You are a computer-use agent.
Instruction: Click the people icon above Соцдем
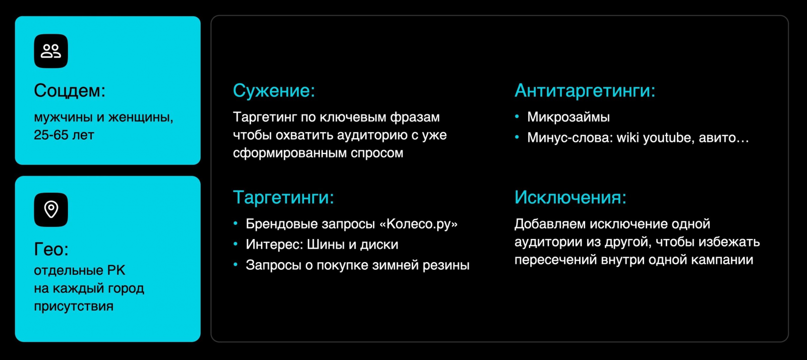tap(51, 51)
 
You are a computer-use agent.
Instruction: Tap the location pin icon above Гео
tap(51, 210)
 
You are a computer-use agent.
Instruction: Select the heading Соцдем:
tap(70, 90)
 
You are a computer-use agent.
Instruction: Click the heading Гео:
tap(51, 249)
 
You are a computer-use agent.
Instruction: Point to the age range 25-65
tap(51, 135)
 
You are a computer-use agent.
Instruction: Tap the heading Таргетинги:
tap(283, 197)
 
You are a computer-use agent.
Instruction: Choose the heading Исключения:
tap(570, 197)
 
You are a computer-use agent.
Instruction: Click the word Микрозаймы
tap(568, 117)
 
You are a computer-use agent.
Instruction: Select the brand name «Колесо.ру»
tap(419, 224)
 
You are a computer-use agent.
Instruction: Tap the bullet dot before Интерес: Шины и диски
tap(236, 244)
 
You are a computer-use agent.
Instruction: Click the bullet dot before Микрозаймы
tap(517, 116)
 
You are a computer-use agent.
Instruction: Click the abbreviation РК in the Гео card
tap(116, 270)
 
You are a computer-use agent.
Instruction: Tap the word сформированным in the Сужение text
tap(290, 153)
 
